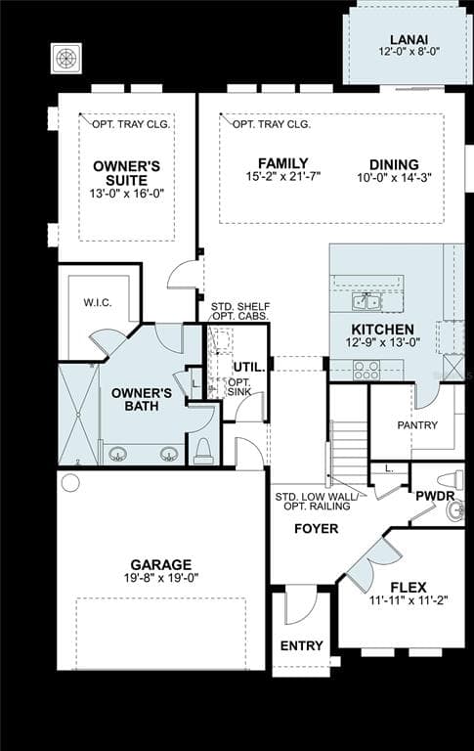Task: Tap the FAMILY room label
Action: [283, 163]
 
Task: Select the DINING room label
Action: [394, 164]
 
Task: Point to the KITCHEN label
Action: [382, 330]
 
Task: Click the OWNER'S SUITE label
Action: [127, 173]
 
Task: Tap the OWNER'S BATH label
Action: [142, 400]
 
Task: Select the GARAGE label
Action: [161, 564]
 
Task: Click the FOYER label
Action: [316, 529]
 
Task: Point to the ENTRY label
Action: [301, 646]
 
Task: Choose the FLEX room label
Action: [409, 588]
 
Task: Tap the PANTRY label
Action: [417, 425]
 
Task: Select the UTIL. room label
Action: [244, 367]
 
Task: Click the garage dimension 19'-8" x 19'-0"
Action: [161, 578]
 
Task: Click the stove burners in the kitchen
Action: [366, 370]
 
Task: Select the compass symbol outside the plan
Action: [66, 58]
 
